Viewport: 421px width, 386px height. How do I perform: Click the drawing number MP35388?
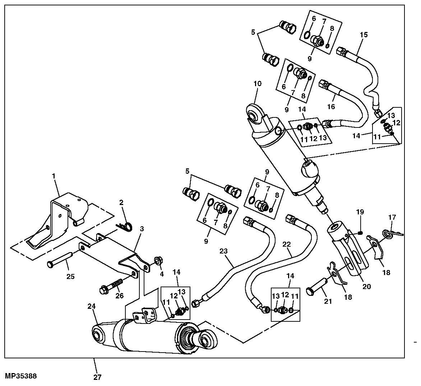click(x=21, y=376)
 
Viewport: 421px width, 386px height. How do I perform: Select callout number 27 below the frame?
click(x=97, y=377)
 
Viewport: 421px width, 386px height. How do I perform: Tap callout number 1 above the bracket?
click(x=54, y=176)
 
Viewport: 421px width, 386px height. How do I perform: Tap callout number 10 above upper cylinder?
click(x=257, y=84)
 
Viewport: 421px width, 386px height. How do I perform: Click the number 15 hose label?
click(x=364, y=34)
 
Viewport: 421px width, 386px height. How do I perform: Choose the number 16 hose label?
click(x=331, y=107)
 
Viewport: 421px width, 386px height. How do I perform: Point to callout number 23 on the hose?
click(x=223, y=251)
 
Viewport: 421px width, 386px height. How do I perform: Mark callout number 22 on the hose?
click(x=287, y=244)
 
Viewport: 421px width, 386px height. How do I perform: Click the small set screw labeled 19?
click(x=361, y=232)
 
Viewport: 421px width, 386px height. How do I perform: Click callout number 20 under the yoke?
click(x=366, y=287)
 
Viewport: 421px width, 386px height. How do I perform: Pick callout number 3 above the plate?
click(x=142, y=229)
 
